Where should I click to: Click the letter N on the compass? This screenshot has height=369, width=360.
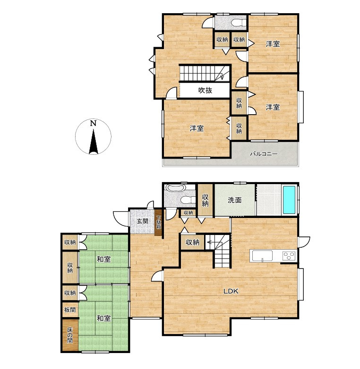(93, 123)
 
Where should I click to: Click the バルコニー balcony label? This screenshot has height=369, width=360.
(264, 154)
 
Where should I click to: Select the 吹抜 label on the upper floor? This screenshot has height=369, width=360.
(205, 90)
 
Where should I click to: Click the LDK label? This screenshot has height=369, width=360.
(231, 291)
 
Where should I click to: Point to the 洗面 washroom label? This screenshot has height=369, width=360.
(235, 200)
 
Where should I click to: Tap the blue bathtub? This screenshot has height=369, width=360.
(289, 200)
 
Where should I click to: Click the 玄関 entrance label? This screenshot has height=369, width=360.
(143, 221)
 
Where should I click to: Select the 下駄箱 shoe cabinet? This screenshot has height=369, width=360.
(158, 223)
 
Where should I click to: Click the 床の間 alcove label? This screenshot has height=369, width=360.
(70, 335)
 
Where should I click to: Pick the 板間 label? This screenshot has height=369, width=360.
(70, 310)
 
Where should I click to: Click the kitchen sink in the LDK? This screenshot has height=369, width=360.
(262, 256)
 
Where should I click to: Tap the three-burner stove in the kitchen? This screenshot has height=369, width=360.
(289, 256)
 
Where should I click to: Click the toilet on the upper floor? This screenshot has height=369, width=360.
(239, 23)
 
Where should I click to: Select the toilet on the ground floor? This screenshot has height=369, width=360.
(188, 200)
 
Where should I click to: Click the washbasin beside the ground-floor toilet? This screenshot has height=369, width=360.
(176, 189)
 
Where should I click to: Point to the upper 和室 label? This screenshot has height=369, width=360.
(103, 260)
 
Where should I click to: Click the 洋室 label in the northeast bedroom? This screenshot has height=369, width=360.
(273, 44)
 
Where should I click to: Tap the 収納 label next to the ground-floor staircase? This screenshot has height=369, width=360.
(192, 242)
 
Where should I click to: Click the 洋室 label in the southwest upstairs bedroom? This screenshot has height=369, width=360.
(197, 128)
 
